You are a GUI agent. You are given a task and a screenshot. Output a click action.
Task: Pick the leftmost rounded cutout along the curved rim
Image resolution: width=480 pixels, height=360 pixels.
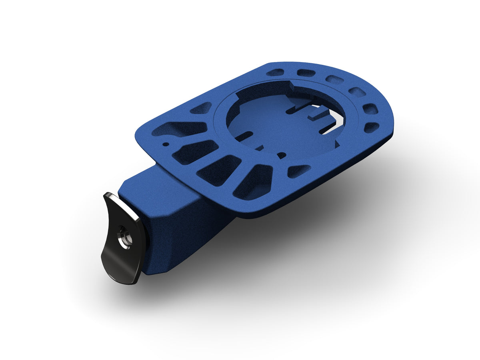pyautogui.click(x=275, y=72)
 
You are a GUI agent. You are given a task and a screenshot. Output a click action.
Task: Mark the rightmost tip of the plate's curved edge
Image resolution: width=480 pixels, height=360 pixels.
pyautogui.click(x=394, y=120)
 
